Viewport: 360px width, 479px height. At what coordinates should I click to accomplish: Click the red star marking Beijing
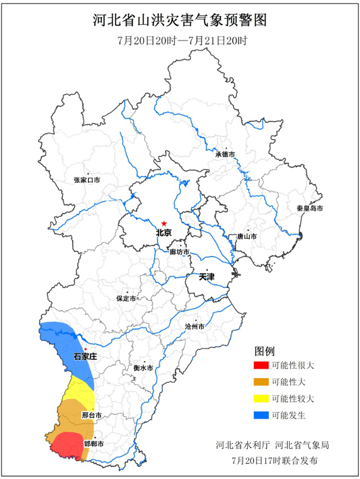coord(164,223)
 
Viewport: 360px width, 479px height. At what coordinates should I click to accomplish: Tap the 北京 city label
coord(164,233)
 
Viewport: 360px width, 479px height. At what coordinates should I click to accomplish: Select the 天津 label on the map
coord(207,277)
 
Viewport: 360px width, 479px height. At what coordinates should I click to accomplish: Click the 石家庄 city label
coord(85,356)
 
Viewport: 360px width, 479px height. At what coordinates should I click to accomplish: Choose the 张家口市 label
coord(87,180)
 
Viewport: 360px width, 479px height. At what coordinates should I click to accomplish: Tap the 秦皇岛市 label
coord(310,208)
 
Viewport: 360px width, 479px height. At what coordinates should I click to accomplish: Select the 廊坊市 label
coord(179,253)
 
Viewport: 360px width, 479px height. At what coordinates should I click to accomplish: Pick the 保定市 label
coord(127,298)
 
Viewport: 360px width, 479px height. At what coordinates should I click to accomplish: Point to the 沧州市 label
coord(195,327)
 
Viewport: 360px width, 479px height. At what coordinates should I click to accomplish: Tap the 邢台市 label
coord(91,415)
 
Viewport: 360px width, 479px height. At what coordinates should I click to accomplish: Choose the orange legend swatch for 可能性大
coord(261,382)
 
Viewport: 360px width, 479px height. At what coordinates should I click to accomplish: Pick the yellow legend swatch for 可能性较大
coord(261,398)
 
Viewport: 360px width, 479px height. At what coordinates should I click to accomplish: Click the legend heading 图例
coord(265,351)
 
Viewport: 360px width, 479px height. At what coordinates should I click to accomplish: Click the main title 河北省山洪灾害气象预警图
coord(180,21)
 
